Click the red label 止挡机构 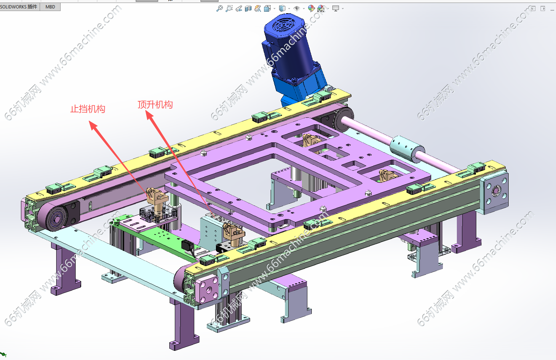point(88,109)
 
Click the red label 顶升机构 point(155,105)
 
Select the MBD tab point(50,7)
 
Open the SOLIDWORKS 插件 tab point(19,7)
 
